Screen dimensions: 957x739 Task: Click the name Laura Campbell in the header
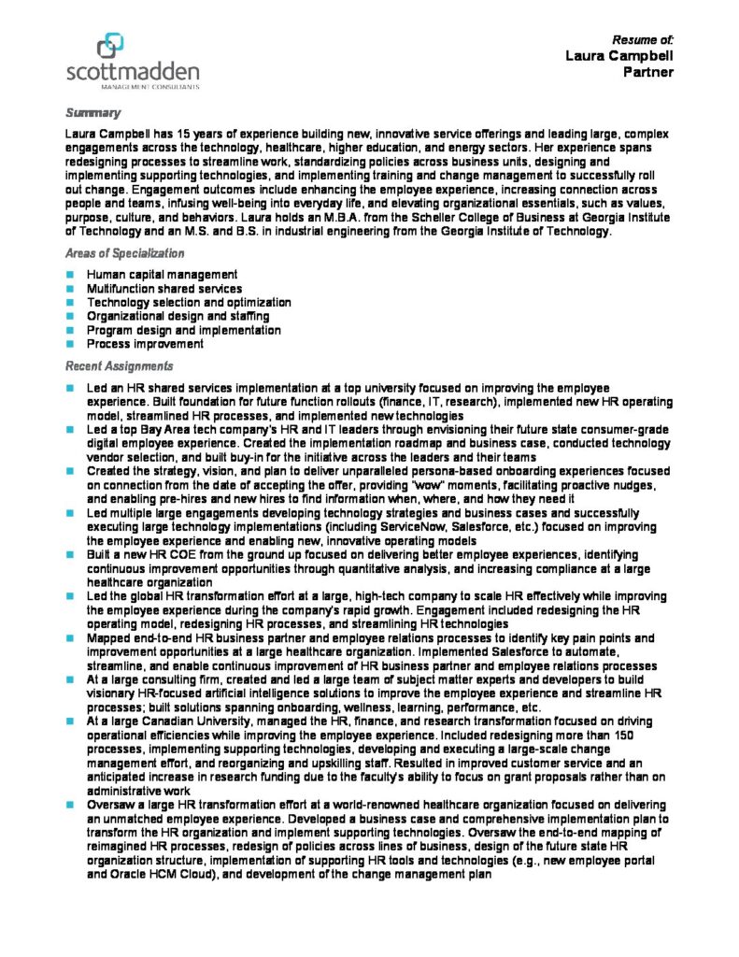618,56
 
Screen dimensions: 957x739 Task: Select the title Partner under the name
647,72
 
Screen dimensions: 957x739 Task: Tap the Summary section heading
92,113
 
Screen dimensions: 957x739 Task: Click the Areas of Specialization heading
124,253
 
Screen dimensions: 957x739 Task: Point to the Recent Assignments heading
119,365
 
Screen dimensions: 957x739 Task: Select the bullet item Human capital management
162,275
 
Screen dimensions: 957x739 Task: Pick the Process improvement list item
145,344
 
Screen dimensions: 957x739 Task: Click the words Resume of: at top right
642,39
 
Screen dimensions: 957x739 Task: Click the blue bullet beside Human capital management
70,275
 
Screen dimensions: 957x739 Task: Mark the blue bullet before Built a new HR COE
70,554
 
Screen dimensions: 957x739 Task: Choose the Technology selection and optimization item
189,303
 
